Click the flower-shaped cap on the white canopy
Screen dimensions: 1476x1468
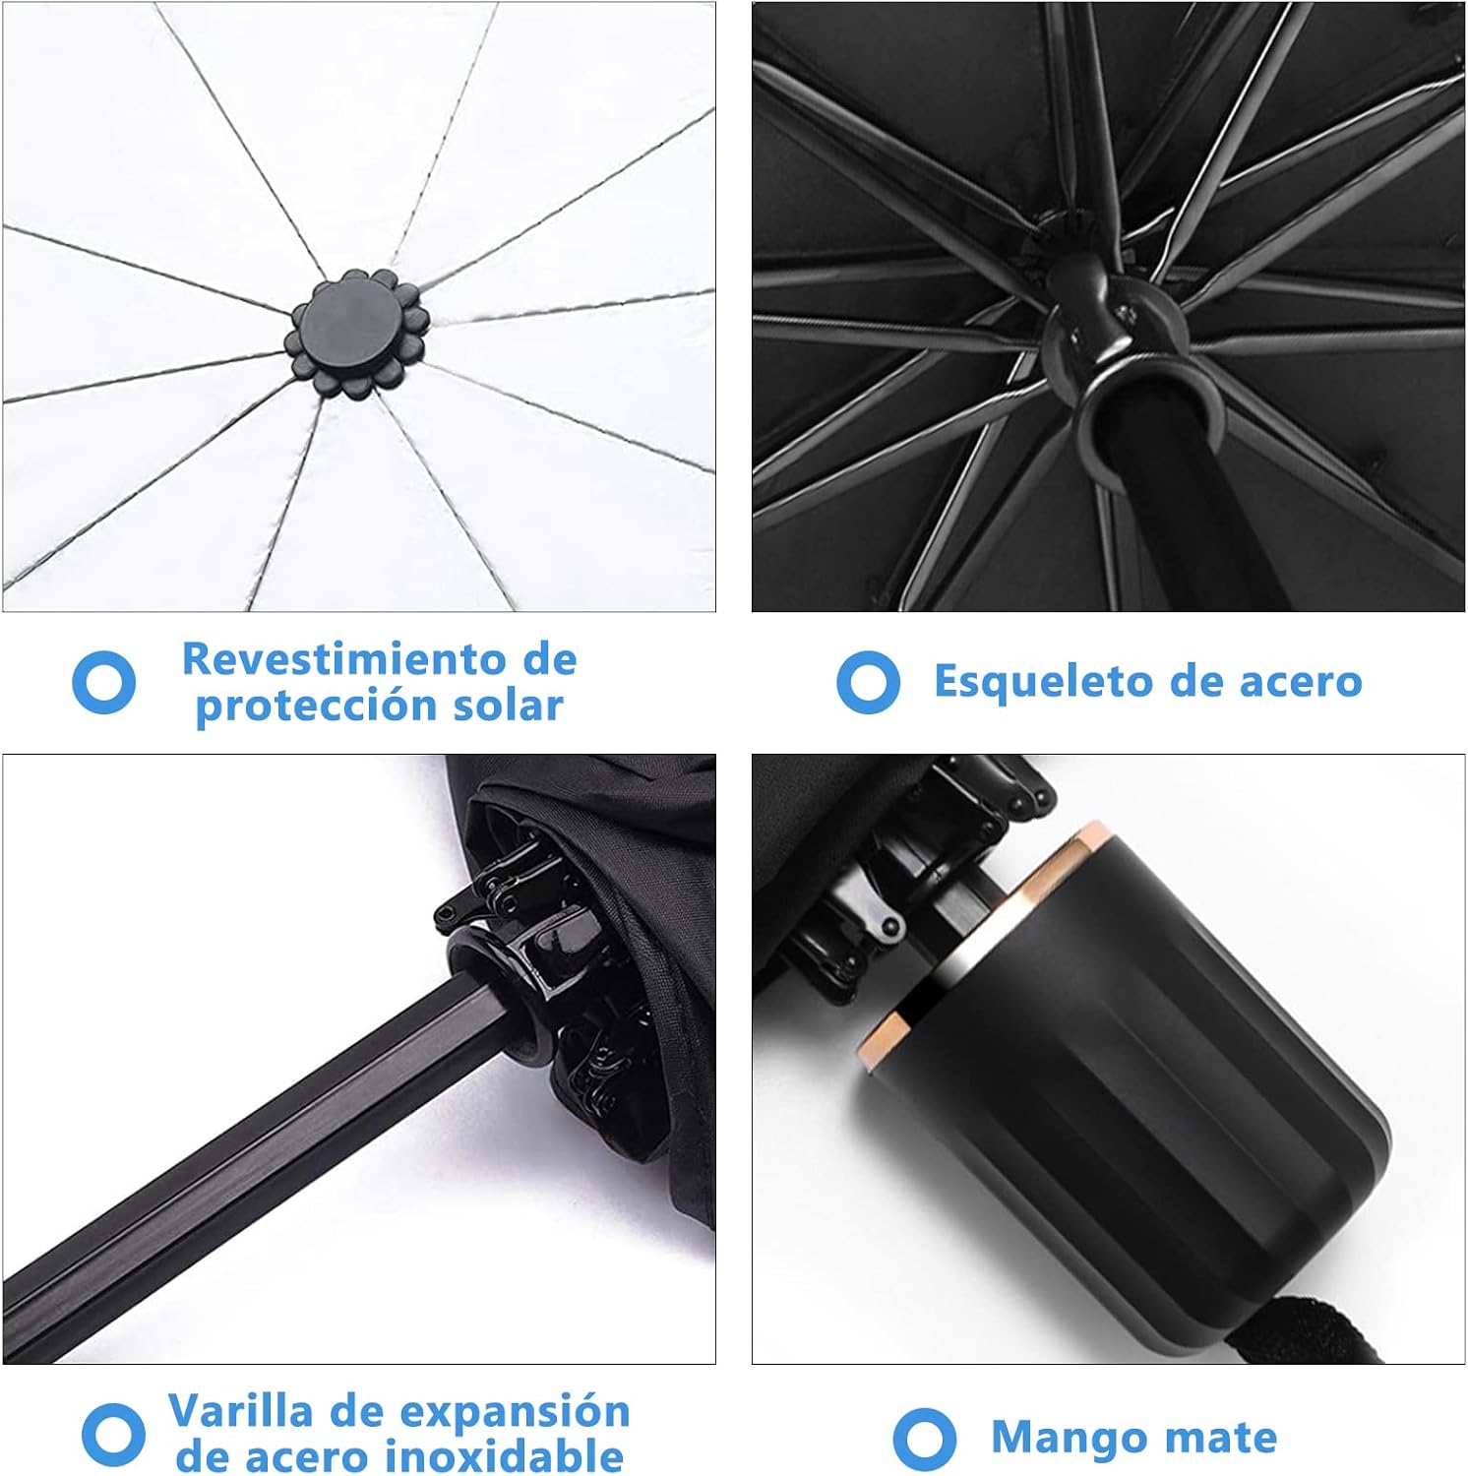pos(352,332)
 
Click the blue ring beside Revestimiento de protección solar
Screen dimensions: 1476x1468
pos(103,682)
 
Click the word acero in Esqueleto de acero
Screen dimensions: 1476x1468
pos(1301,681)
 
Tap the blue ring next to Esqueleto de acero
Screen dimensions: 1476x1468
pos(868,682)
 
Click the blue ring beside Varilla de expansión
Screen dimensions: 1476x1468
pos(113,1433)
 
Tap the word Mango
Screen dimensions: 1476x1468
pos(1062,1437)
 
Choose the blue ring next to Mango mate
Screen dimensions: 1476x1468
pos(924,1439)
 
